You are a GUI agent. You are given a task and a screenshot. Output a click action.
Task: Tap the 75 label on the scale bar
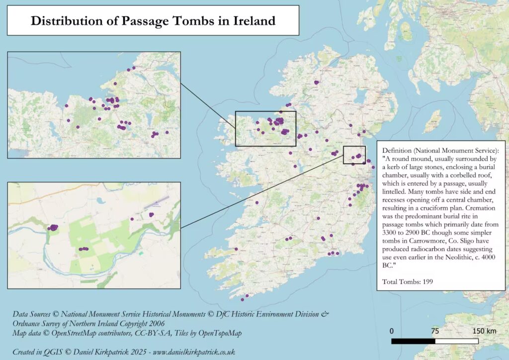point(435,331)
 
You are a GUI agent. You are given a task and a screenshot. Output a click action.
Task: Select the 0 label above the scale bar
point(392,331)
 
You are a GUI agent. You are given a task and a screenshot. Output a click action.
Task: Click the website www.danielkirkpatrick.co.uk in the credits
point(194,352)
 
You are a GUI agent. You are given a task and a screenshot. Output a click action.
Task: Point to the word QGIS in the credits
point(56,352)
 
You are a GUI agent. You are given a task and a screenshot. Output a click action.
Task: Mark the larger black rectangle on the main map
point(265,128)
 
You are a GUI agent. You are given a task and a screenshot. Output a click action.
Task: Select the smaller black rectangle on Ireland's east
point(354,155)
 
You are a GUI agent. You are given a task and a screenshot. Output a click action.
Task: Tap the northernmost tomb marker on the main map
point(316,83)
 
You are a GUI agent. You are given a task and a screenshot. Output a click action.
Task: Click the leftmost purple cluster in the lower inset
point(53,227)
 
